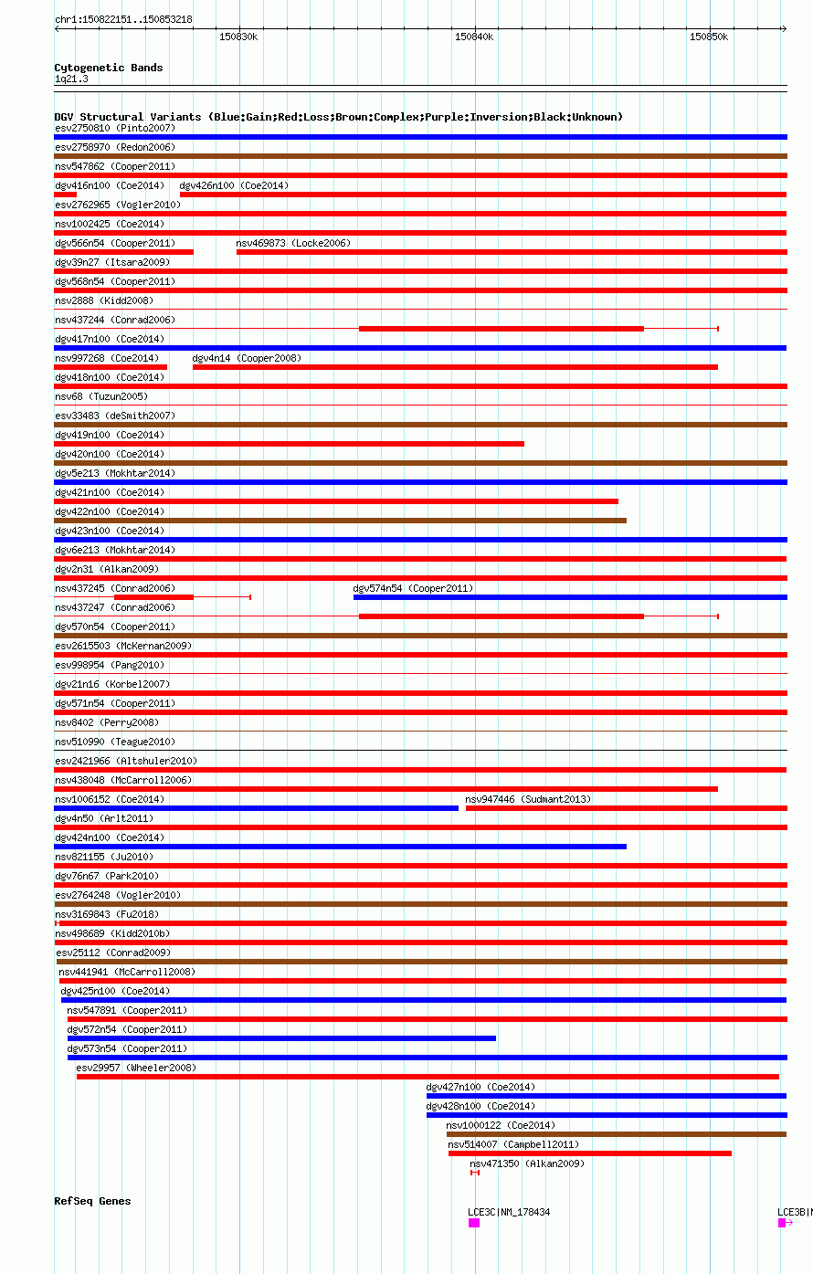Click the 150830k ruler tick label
pos(238,37)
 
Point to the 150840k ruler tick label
pos(474,37)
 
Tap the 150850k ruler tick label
pos(709,37)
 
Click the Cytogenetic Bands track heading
pos(109,68)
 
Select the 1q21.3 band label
pos(71,79)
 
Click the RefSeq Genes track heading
pos(92,1201)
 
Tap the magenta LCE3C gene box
pos(474,1223)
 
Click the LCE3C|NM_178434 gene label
pos(509,1212)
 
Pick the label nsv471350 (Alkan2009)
pos(527,1163)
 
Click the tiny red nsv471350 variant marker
pos(474,1173)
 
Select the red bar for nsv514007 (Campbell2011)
pos(589,1153)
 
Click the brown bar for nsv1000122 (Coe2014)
pos(616,1134)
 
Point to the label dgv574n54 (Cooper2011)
pos(413,588)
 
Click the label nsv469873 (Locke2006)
pos(293,243)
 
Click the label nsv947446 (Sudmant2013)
pos(528,799)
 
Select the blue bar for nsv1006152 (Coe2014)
pos(256,808)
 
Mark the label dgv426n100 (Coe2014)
pos(234,185)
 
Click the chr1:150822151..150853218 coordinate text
pos(123,19)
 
